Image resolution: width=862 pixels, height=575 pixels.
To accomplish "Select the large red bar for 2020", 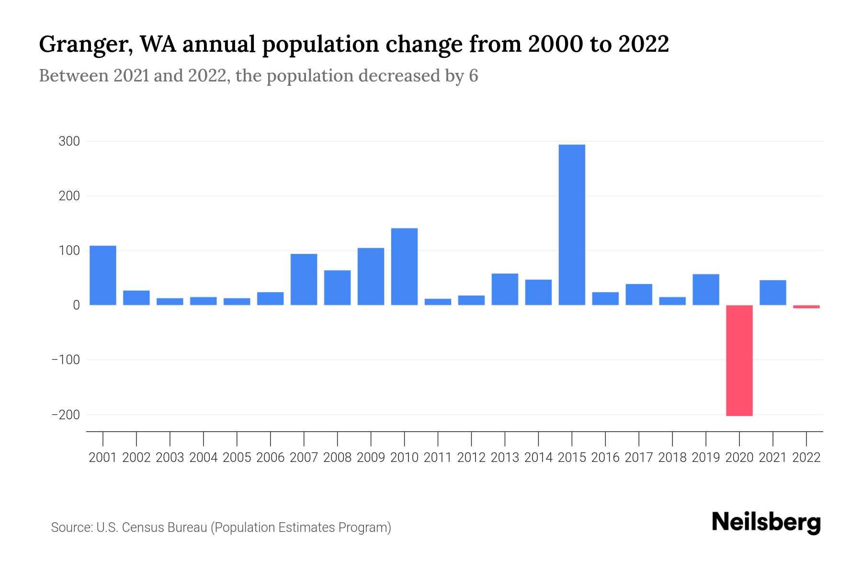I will tap(739, 360).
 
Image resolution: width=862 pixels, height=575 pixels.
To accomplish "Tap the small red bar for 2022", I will tap(806, 307).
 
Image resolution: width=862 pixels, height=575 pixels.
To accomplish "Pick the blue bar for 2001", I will tap(103, 275).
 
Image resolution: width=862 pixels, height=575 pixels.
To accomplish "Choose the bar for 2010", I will tap(404, 266).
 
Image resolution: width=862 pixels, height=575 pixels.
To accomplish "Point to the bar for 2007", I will tap(304, 279).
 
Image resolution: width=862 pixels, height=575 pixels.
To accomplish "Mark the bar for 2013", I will tap(505, 289).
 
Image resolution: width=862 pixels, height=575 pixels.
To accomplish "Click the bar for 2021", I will tap(772, 292).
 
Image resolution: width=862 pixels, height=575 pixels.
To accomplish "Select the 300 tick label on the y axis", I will tap(69, 141).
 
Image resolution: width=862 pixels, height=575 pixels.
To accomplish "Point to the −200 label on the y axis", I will tap(66, 414).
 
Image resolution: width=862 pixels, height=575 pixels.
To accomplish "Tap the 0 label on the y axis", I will tap(76, 305).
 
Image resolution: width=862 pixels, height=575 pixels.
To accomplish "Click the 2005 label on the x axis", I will tap(237, 458).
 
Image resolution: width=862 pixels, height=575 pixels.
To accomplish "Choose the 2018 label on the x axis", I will tap(672, 458).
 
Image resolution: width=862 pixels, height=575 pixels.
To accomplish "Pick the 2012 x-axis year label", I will tap(471, 458).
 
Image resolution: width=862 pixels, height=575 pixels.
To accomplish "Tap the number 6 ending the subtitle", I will tap(473, 76).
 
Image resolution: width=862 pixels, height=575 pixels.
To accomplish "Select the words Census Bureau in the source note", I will tap(165, 528).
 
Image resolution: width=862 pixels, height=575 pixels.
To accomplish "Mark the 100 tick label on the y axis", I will tap(69, 251).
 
